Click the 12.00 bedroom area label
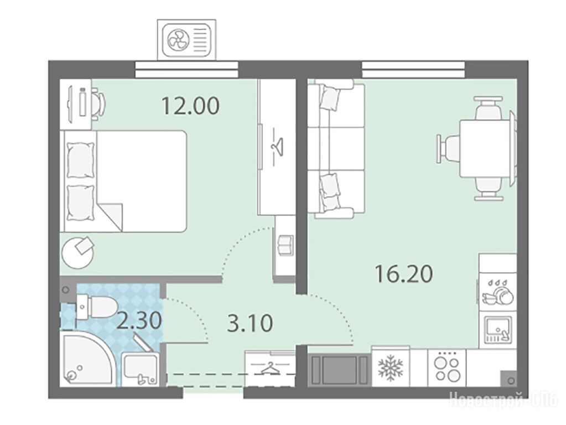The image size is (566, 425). [190, 106]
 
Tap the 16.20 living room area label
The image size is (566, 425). [403, 274]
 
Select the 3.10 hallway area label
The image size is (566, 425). [250, 323]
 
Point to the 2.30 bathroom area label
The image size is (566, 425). [139, 320]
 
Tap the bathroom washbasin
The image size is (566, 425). [140, 369]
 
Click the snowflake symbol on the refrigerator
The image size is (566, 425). [390, 369]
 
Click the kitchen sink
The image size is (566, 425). [498, 330]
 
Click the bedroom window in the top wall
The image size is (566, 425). [186, 69]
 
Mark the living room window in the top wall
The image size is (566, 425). [413, 69]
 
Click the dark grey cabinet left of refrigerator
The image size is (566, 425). [339, 370]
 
